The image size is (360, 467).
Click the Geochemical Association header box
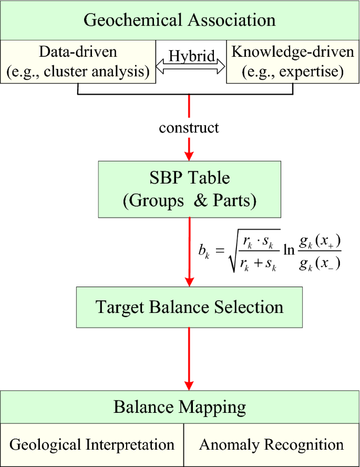[180, 20]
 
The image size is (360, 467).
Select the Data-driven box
[78, 62]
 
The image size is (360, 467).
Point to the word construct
[189, 128]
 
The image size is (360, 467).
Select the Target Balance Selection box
[190, 307]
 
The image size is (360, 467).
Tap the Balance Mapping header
[180, 407]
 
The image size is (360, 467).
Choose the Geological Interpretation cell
[92, 445]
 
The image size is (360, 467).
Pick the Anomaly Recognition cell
[271, 445]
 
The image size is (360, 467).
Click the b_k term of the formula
[204, 252]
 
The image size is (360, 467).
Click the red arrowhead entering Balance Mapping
[189, 384]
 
